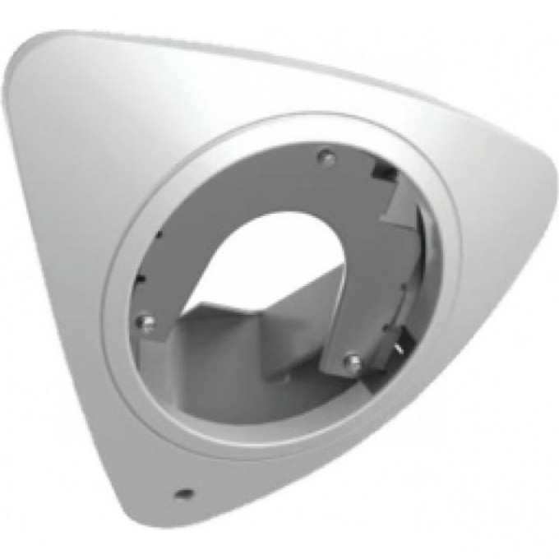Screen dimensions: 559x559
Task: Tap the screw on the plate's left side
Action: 145,321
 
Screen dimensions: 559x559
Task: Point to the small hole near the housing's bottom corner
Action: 183,494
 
